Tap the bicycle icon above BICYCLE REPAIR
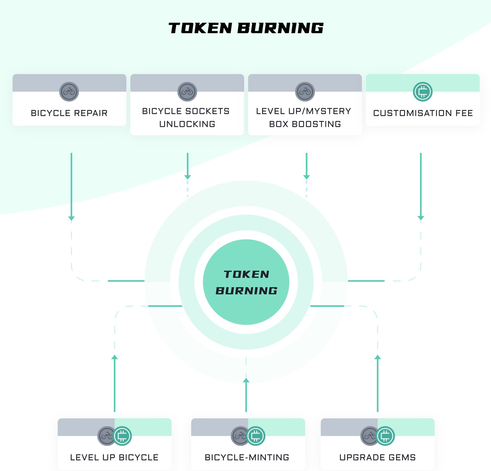(69, 92)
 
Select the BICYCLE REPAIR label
(69, 113)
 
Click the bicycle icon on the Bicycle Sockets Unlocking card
(187, 92)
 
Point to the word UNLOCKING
(187, 124)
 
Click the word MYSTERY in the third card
(328, 111)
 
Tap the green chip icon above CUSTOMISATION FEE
(423, 92)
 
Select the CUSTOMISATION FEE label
(423, 113)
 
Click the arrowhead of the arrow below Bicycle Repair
(71, 218)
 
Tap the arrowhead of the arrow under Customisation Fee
(421, 218)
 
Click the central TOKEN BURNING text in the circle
(246, 282)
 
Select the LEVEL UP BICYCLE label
(114, 457)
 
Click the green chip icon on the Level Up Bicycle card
(122, 436)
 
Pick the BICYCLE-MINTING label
(247, 457)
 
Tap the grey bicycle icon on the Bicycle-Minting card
(239, 436)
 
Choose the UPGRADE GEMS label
(377, 457)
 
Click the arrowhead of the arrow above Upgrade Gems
(378, 357)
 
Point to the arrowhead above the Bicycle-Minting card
(246, 380)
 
